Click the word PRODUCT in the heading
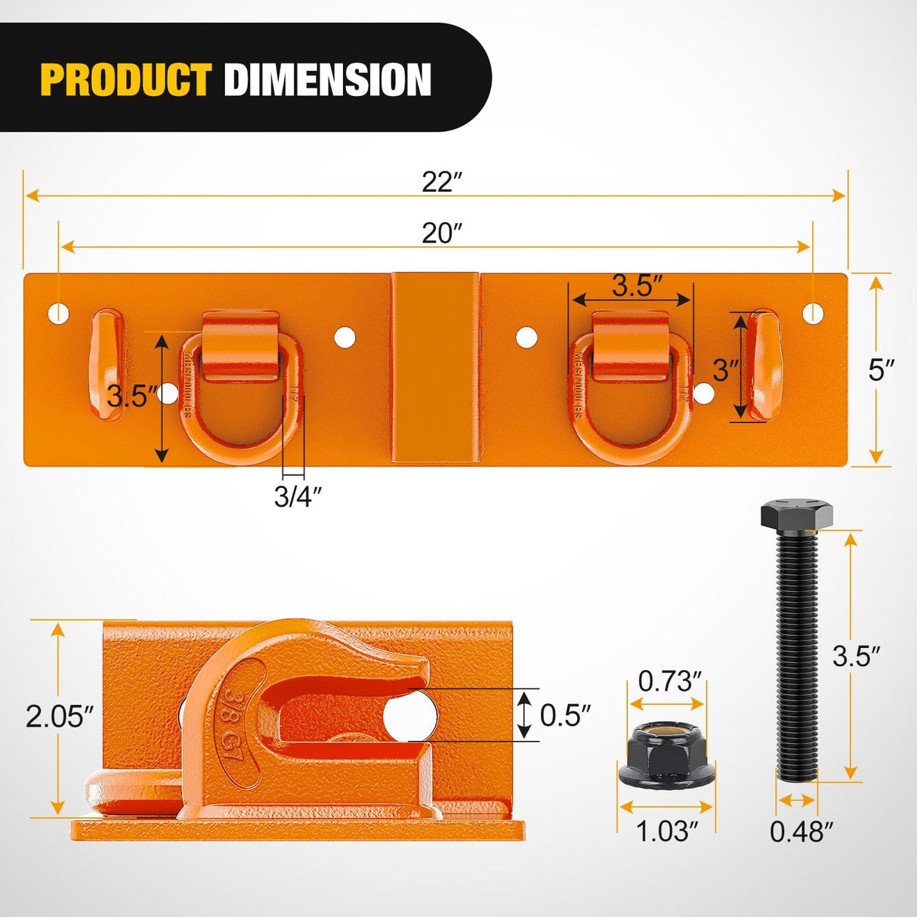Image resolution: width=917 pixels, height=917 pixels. click(125, 80)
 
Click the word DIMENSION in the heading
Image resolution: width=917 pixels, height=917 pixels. click(327, 80)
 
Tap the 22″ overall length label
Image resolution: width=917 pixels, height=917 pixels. click(441, 182)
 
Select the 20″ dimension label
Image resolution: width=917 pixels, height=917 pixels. click(441, 233)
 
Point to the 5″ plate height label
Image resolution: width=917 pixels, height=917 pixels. click(881, 370)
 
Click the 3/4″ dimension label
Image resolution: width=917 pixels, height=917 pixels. click(298, 497)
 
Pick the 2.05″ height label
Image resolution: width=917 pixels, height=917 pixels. click(60, 716)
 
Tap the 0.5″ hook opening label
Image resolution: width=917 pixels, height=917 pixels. click(565, 715)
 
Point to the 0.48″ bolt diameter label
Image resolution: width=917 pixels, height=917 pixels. click(801, 832)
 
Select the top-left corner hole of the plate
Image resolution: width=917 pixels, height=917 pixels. click(58, 312)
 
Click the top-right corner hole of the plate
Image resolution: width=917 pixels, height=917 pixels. click(813, 313)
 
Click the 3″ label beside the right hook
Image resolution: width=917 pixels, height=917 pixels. click(725, 370)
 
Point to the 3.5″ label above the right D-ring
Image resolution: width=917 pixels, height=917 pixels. click(637, 286)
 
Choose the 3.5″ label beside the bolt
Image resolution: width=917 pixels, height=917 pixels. click(857, 656)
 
